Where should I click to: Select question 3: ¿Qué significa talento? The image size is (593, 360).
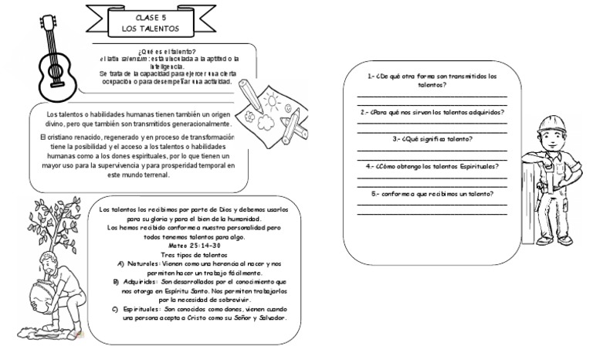click(432, 139)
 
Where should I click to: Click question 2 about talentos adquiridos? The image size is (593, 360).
click(432, 112)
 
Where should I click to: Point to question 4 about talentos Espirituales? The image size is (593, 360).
click(432, 166)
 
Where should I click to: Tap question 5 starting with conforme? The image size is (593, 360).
click(432, 193)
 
